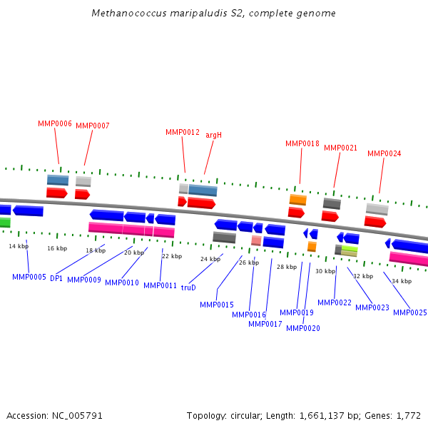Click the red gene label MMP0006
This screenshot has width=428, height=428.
click(55, 123)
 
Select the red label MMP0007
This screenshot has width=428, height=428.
click(93, 126)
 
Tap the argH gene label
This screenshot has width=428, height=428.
click(214, 135)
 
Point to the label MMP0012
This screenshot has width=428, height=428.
click(183, 132)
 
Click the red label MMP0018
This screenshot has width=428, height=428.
click(302, 143)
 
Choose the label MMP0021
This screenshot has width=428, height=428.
click(341, 148)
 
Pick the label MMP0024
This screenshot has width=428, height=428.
click(384, 153)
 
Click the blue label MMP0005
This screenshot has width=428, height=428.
click(29, 277)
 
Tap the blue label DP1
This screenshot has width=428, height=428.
click(56, 278)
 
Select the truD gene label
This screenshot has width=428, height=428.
click(188, 287)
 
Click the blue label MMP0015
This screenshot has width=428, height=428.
click(217, 305)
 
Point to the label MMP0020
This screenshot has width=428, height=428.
click(303, 328)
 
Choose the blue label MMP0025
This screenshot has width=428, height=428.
click(410, 312)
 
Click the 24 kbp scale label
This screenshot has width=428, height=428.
click(210, 259)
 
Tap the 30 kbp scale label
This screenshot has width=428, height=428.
click(325, 271)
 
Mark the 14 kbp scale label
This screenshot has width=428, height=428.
click(19, 246)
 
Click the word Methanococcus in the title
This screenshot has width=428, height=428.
click(124, 14)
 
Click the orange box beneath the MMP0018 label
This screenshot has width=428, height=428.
click(298, 200)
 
